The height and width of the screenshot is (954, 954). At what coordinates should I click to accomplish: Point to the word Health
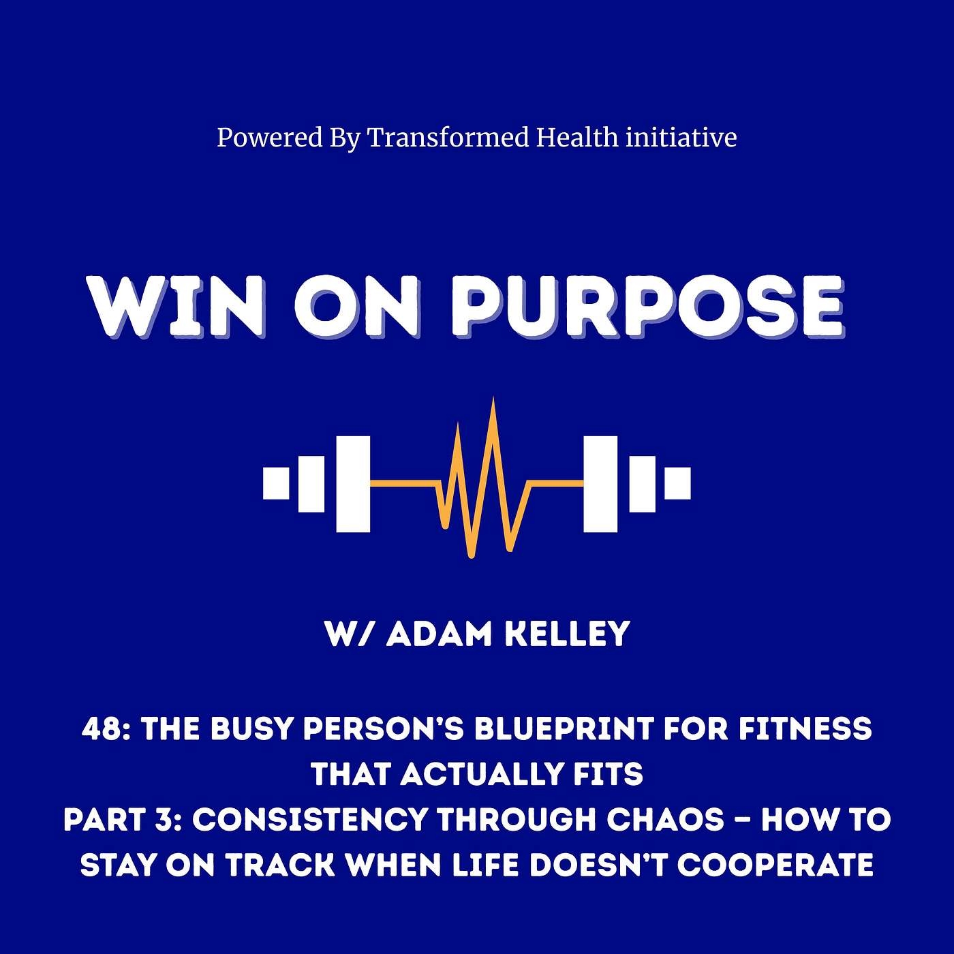coord(578,137)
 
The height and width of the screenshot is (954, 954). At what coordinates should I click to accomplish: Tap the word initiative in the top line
coord(681,137)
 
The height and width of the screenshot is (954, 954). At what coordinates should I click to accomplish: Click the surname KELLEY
coord(568,634)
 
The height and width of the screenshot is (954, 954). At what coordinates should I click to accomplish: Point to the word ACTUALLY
coord(482,774)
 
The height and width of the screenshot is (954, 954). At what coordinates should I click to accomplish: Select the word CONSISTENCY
coord(309,820)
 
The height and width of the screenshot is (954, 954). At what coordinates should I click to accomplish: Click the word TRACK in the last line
coord(281,865)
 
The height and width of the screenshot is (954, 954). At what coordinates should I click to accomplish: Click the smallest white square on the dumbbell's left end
coord(276,482)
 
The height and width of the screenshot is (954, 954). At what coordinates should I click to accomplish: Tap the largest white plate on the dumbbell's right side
coord(600,484)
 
